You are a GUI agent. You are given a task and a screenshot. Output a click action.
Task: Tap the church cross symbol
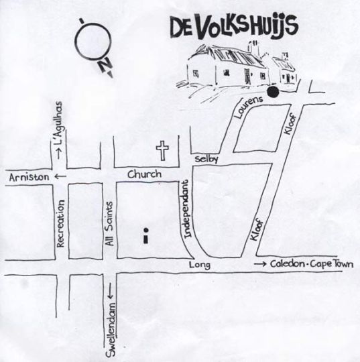coord(162,149)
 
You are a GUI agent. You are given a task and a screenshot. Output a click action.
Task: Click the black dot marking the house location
coord(273,93)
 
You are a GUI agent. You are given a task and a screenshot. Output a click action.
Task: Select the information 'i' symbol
coord(145,235)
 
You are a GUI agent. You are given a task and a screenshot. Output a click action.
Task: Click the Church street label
coord(145,174)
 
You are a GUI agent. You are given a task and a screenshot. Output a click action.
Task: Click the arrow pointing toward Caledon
coord(259,265)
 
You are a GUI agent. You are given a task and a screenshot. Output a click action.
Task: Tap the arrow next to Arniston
coord(60,176)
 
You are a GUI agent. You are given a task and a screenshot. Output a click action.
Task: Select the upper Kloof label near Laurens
coord(289,125)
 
